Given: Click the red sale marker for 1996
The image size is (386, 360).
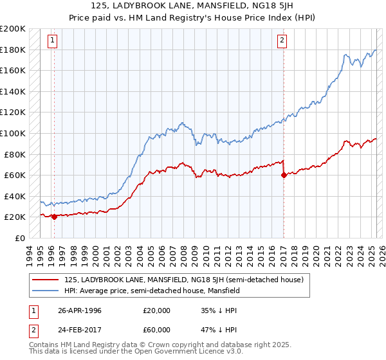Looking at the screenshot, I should click(x=54, y=217).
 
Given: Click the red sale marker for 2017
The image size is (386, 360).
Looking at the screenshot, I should click(x=284, y=175).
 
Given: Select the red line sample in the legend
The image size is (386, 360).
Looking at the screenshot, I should click(x=46, y=280).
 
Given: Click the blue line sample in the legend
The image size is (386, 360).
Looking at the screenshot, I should click(x=46, y=291).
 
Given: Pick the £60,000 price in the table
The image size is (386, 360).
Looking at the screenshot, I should click(x=156, y=329).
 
